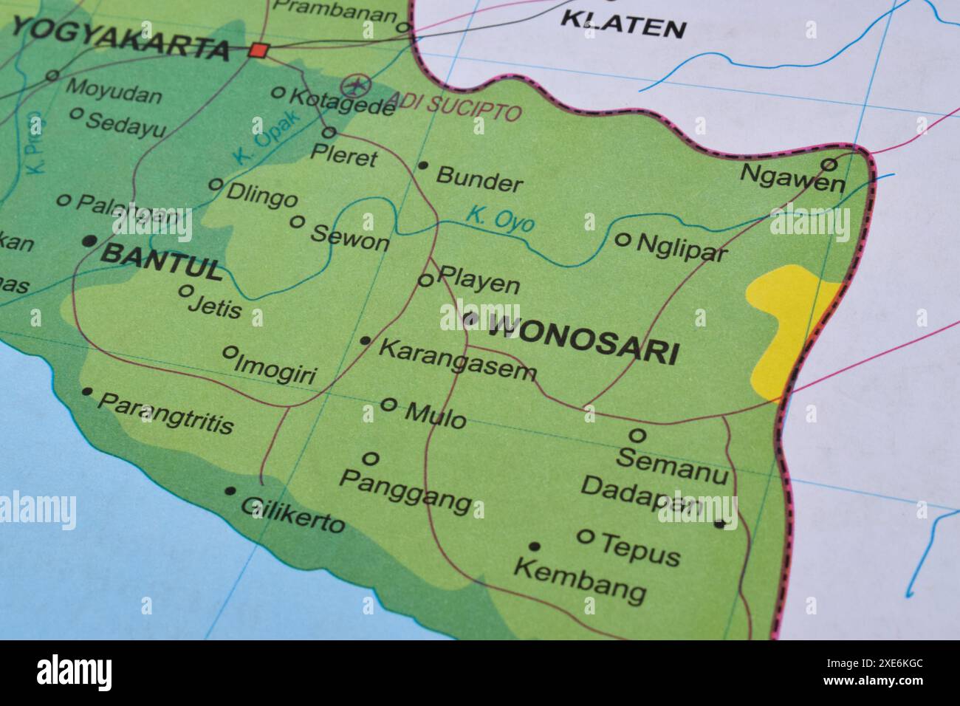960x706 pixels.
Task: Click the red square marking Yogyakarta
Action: coord(258,50)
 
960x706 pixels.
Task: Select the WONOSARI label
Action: coord(582,339)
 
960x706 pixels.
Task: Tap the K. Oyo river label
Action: coord(499,219)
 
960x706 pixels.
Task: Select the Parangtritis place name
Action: coord(165,414)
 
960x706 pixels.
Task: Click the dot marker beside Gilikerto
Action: coord(230,490)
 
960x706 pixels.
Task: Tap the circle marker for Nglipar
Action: coord(623,239)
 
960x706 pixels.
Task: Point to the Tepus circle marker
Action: coord(585,536)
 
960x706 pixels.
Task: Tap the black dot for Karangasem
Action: coord(366,340)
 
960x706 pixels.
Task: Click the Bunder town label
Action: coord(479,179)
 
